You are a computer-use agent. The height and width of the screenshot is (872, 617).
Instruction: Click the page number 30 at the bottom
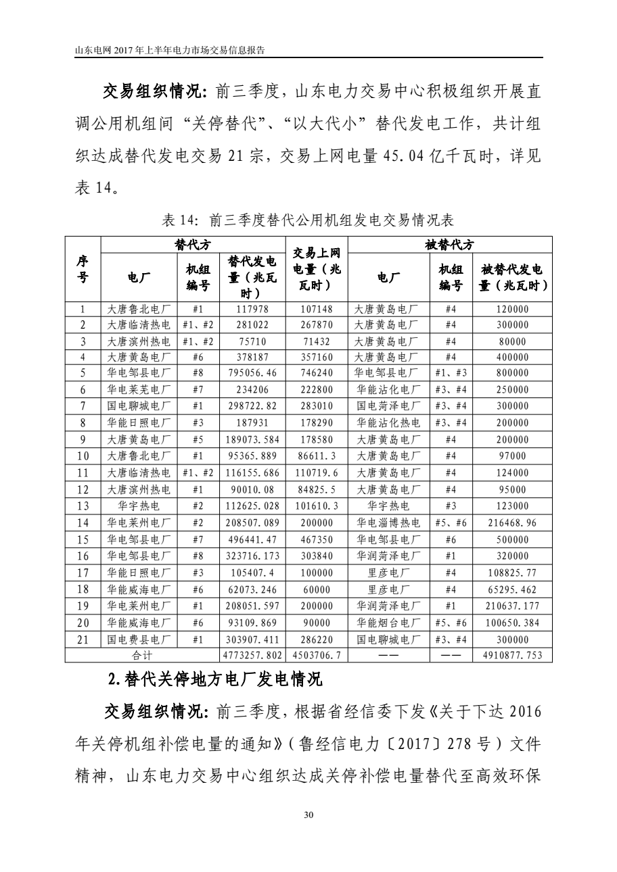[308, 816]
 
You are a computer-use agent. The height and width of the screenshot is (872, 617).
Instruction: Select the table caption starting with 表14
[308, 220]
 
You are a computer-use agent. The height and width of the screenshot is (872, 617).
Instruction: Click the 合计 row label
[140, 655]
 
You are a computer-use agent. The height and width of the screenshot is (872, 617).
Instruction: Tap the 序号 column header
[83, 270]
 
